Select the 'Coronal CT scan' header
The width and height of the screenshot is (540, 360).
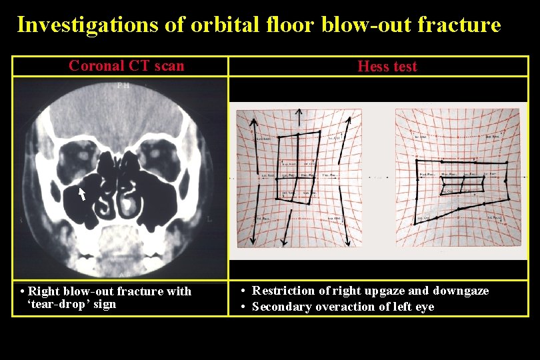pyautogui.click(x=126, y=65)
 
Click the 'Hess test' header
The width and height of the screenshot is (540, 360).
pyautogui.click(x=387, y=66)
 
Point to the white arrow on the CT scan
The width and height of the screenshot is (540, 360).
pyautogui.click(x=82, y=194)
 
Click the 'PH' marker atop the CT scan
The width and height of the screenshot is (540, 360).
pyautogui.click(x=123, y=85)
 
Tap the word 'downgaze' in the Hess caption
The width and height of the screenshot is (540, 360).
pyautogui.click(x=461, y=291)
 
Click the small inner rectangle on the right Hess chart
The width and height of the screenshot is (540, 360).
pyautogui.click(x=462, y=183)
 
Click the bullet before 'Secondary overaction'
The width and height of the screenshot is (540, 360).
pyautogui.click(x=245, y=307)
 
